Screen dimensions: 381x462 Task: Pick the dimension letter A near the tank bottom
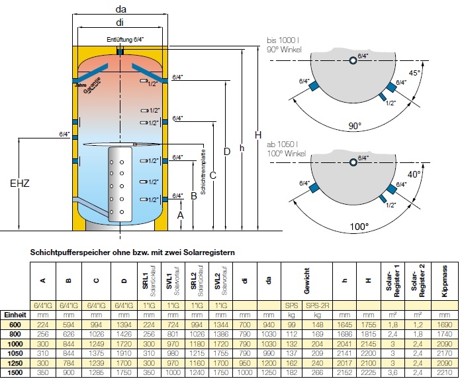(x=179, y=215)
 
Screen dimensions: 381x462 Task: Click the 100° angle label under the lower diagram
(x=358, y=227)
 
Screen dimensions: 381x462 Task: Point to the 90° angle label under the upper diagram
(x=358, y=125)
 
